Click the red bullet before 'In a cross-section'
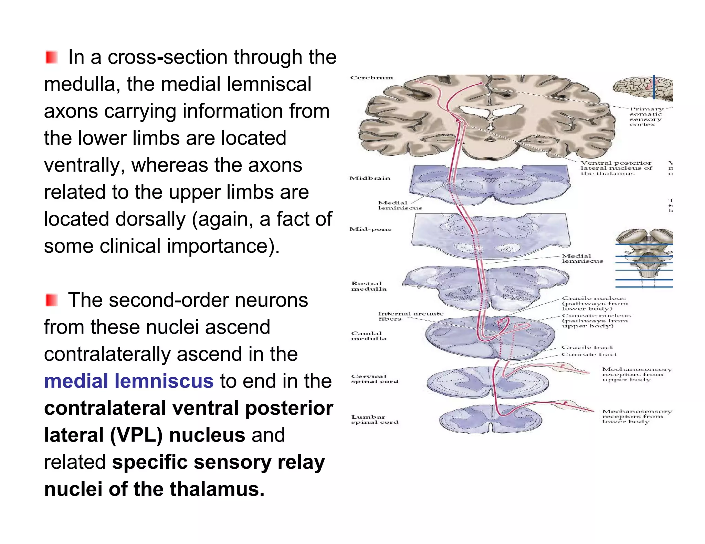[51, 57]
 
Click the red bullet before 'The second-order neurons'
[51, 300]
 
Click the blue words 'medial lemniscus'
[129, 381]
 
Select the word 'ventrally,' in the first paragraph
[84, 165]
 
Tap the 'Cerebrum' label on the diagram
[371, 78]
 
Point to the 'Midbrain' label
[370, 178]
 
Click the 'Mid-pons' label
[370, 229]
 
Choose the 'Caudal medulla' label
[368, 336]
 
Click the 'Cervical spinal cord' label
[374, 379]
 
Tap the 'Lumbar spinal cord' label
[374, 420]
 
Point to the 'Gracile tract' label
[587, 347]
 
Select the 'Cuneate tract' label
[589, 354]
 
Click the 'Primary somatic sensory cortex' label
[646, 117]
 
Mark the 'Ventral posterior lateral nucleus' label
[616, 168]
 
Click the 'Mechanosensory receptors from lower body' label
[636, 416]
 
